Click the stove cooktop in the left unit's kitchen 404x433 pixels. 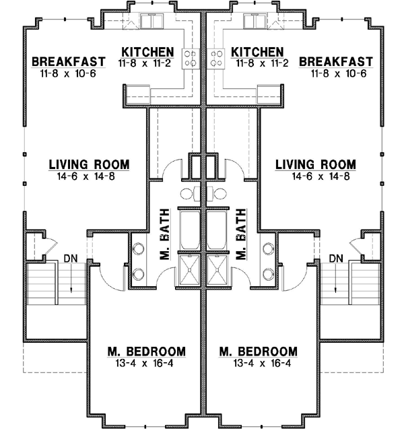pyautogui.click(x=190, y=58)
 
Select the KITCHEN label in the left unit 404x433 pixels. pyautogui.click(x=147, y=52)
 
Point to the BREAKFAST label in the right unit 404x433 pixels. pyautogui.click(x=334, y=62)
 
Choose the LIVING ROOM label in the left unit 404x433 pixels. pyautogui.click(x=89, y=165)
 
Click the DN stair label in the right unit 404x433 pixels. pyautogui.click(x=337, y=258)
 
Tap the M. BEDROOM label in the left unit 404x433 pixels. pyautogui.click(x=147, y=352)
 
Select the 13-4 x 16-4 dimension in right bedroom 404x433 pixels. pyautogui.click(x=259, y=364)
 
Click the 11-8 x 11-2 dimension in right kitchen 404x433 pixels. pyautogui.click(x=263, y=63)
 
